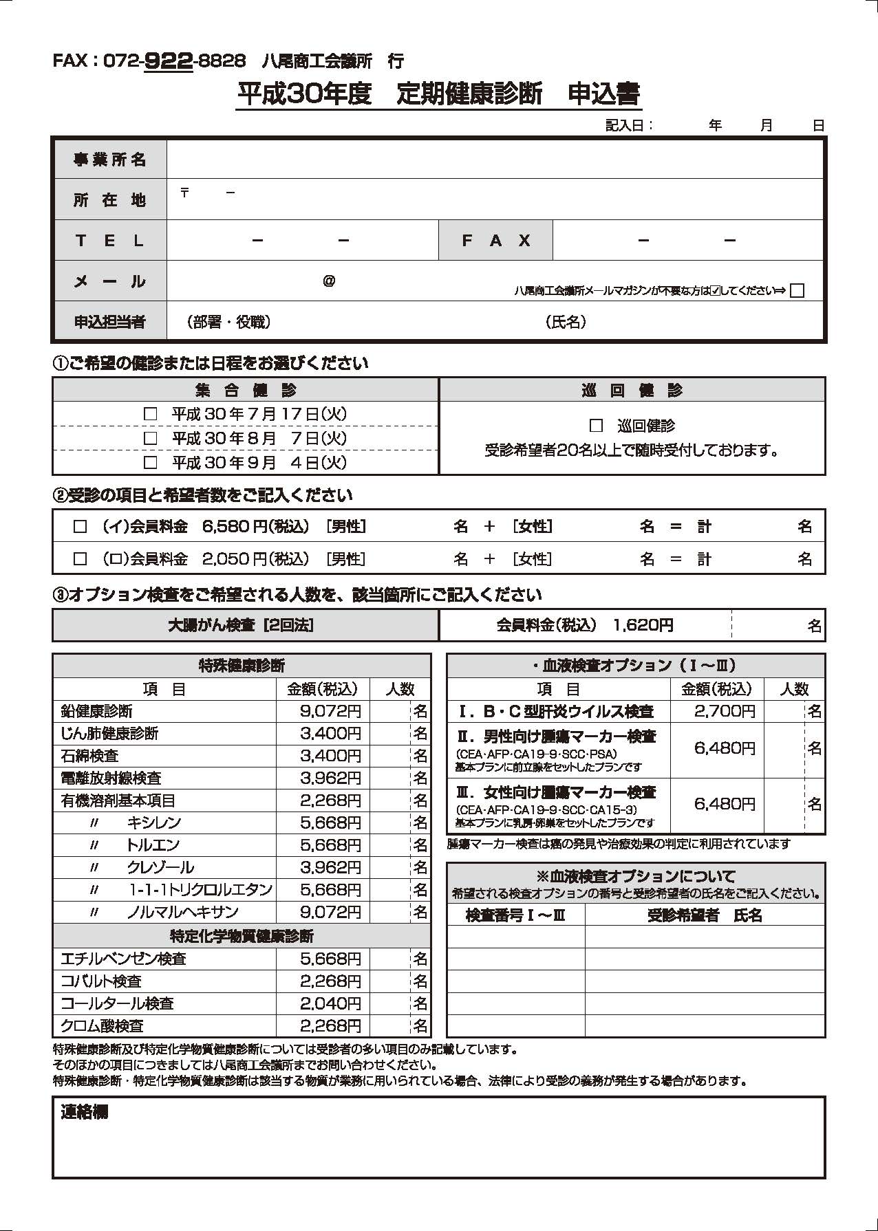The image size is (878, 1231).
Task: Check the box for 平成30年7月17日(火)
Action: [x=150, y=414]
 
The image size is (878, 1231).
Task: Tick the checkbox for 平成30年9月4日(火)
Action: [x=150, y=462]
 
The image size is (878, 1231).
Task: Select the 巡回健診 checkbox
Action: [x=596, y=426]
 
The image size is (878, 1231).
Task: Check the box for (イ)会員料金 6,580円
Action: [x=81, y=527]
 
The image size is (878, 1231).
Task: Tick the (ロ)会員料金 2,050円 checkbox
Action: [x=81, y=559]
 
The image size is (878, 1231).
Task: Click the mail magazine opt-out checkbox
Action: [x=797, y=290]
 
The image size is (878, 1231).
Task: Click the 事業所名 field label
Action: [x=110, y=160]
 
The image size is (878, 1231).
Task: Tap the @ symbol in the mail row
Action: [x=329, y=281]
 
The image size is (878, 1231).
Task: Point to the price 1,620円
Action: [x=643, y=625]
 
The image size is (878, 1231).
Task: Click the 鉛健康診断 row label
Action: [x=96, y=711]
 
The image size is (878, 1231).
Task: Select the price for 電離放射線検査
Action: [x=330, y=778]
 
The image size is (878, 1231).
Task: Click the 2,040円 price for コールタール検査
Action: [x=330, y=1003]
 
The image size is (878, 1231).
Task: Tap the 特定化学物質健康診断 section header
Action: [x=242, y=936]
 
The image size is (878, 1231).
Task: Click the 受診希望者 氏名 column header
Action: [x=705, y=915]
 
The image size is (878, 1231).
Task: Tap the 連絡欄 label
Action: [x=84, y=1112]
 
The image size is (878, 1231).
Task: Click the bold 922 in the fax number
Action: [x=169, y=61]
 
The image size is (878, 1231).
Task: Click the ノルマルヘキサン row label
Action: [x=182, y=912]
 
